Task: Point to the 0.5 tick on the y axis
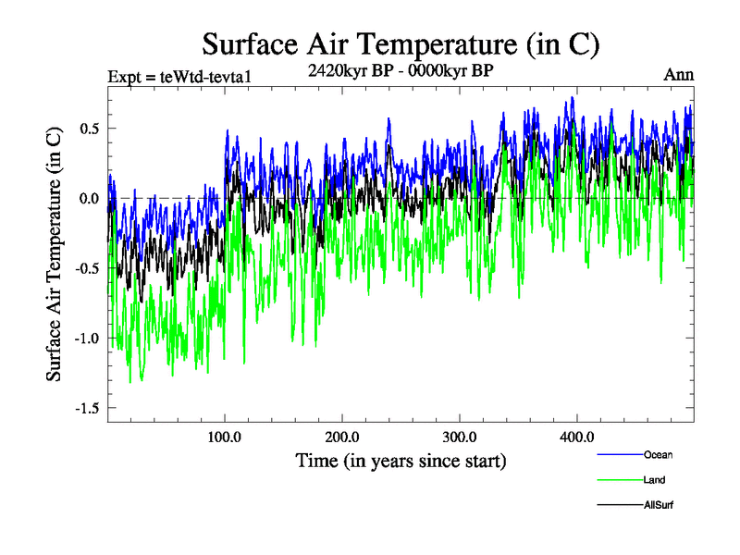pyautogui.click(x=89, y=128)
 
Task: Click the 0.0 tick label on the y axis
pyautogui.click(x=89, y=198)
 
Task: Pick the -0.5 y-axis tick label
pyautogui.click(x=86, y=268)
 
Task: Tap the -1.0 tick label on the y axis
pyautogui.click(x=86, y=338)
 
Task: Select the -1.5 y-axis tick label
pyautogui.click(x=86, y=408)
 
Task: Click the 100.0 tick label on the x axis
pyautogui.click(x=225, y=437)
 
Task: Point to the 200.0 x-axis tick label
pyautogui.click(x=342, y=437)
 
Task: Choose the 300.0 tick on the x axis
pyautogui.click(x=460, y=437)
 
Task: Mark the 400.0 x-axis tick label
pyautogui.click(x=577, y=437)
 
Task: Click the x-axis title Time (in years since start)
pyautogui.click(x=401, y=460)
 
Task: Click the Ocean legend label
pyautogui.click(x=659, y=454)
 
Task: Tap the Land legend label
pyautogui.click(x=654, y=480)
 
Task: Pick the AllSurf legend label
pyautogui.click(x=659, y=505)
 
